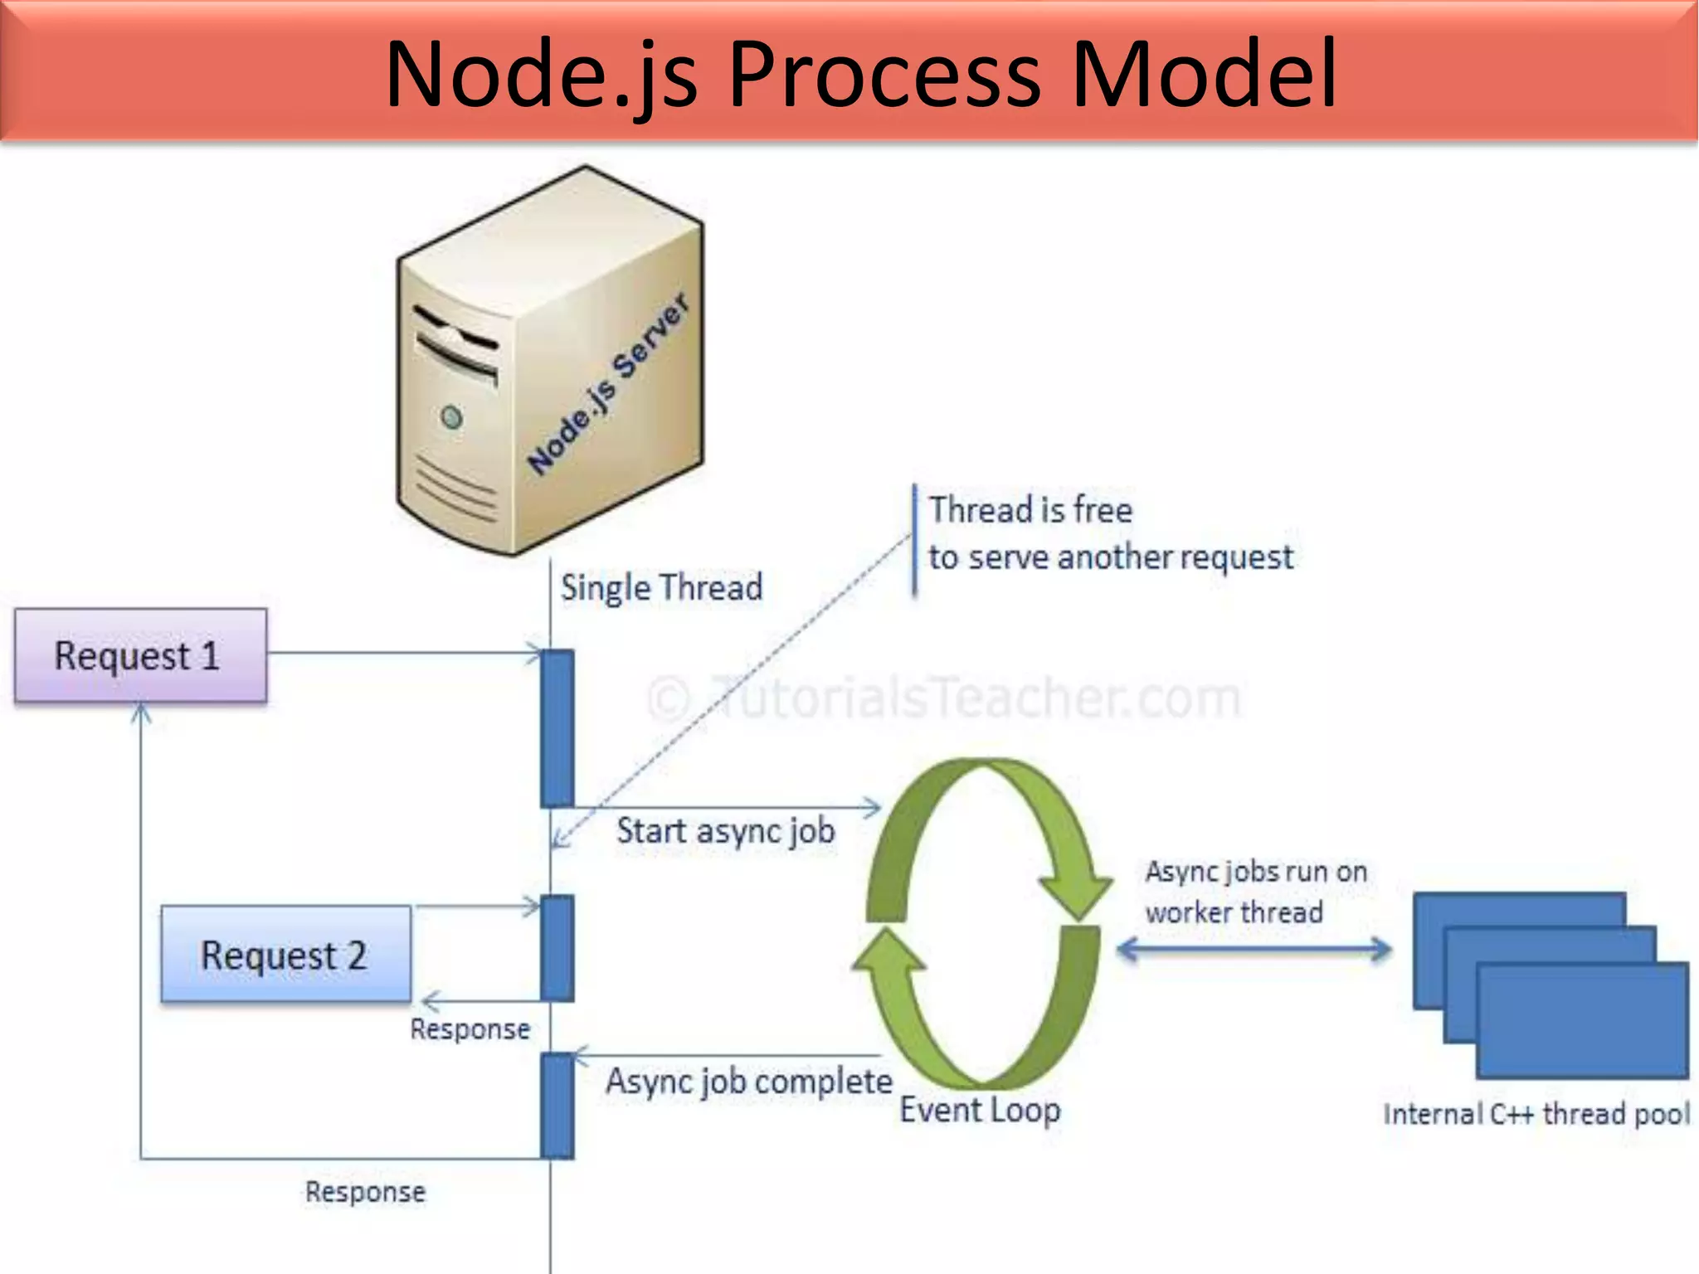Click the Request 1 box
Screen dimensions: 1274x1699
coord(140,656)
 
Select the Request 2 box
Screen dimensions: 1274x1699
coord(285,955)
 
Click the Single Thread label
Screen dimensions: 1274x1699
coord(661,587)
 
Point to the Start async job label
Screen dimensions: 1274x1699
coord(725,831)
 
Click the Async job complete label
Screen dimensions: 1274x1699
coord(748,1082)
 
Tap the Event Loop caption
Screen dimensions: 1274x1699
coord(980,1110)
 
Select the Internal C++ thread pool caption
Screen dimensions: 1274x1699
coord(1536,1114)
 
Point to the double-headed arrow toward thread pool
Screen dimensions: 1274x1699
coord(1254,950)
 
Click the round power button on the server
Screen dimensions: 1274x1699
coord(451,416)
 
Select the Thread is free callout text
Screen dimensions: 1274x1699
coord(1109,533)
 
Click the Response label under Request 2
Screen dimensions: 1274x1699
coord(470,1029)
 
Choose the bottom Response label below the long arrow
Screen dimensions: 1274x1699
coord(365,1192)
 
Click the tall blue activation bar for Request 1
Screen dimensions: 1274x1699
coord(557,728)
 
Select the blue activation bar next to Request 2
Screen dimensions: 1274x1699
coord(557,948)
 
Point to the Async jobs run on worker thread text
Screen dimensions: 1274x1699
coord(1254,892)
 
